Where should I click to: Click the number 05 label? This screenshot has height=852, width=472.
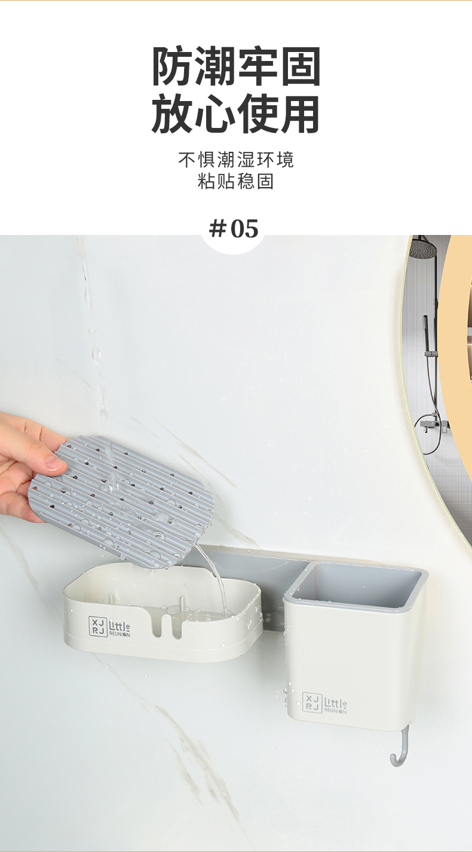pyautogui.click(x=244, y=228)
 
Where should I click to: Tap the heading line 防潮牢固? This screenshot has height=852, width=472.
pyautogui.click(x=236, y=66)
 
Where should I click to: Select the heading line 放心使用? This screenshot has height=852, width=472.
pyautogui.click(x=236, y=114)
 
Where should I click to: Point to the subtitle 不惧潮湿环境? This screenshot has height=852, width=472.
pyautogui.click(x=236, y=160)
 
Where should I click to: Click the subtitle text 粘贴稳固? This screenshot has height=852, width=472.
pyautogui.click(x=236, y=181)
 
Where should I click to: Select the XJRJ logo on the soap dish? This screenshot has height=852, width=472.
pyautogui.click(x=96, y=624)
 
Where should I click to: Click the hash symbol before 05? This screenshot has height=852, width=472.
pyautogui.click(x=217, y=228)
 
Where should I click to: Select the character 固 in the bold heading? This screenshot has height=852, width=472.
pyautogui.click(x=301, y=66)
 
